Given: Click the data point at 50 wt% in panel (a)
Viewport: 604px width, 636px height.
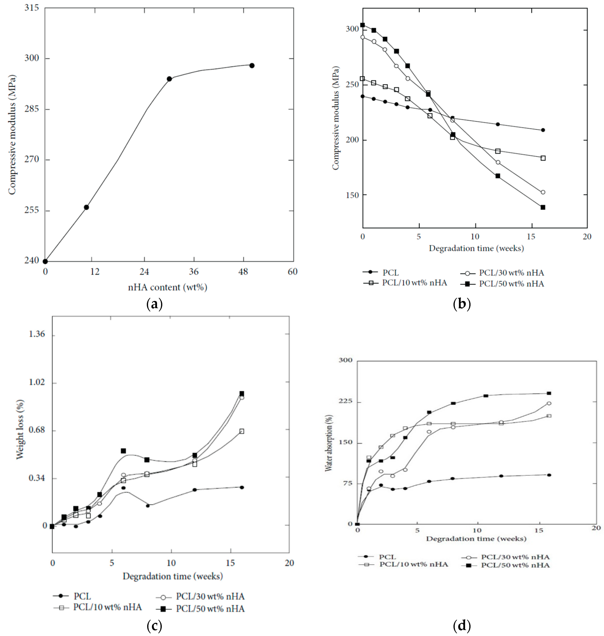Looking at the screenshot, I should click(252, 66).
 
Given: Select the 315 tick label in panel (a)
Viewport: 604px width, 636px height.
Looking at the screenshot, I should click(32, 7).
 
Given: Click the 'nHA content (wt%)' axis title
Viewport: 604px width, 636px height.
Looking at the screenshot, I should click(168, 287).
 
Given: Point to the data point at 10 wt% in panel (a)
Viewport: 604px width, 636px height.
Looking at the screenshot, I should click(86, 207).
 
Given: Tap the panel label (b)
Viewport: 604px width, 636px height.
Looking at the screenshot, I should click(462, 304).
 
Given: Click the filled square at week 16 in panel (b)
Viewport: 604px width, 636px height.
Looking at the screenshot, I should click(543, 207).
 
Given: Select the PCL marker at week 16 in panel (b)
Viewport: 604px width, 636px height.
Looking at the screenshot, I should click(543, 130).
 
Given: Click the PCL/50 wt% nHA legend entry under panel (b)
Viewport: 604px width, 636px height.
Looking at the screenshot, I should click(511, 284).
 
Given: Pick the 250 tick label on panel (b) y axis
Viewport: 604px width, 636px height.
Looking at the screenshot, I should click(352, 84).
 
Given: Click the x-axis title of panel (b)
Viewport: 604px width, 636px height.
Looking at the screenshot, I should click(476, 248).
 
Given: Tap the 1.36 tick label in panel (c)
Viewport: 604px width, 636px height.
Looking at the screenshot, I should click(37, 334).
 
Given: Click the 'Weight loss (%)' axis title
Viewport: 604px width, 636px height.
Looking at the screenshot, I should click(20, 429).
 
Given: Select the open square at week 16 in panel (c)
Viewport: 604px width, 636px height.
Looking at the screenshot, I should click(242, 431).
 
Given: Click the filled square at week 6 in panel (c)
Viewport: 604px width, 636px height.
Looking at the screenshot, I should click(123, 451).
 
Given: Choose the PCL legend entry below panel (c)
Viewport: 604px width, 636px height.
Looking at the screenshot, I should click(82, 596).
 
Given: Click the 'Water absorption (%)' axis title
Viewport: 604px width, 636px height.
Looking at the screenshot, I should click(329, 443).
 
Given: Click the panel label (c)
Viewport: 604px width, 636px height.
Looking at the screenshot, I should click(154, 626).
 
